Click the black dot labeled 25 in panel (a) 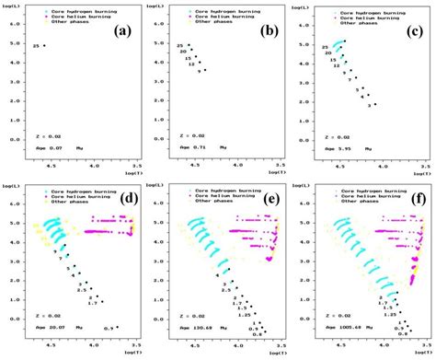43,45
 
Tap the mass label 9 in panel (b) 199,71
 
